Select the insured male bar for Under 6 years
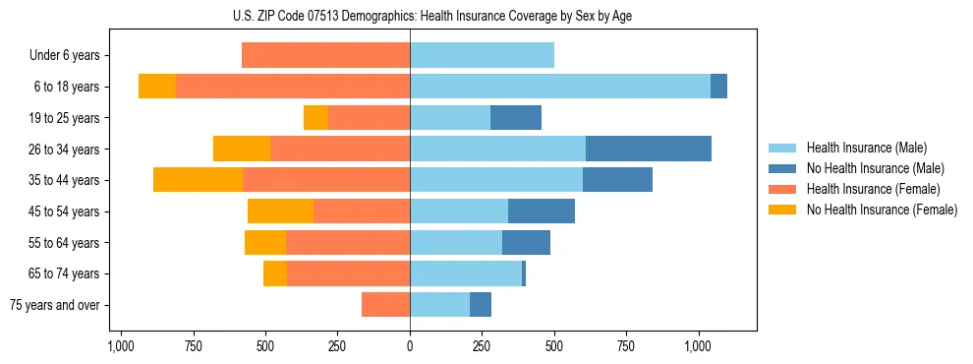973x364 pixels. tap(482, 55)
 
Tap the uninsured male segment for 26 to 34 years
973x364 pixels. tap(648, 149)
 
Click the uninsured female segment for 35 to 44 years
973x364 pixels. tap(198, 180)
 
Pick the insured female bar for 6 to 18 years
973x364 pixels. tap(293, 87)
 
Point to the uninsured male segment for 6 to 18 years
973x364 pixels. tap(718, 87)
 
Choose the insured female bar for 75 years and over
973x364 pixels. tap(385, 305)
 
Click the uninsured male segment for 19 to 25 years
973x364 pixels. tap(516, 118)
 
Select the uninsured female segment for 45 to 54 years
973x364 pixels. tap(280, 212)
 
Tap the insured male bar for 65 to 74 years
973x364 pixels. tap(466, 273)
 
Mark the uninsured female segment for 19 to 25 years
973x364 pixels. tap(315, 118)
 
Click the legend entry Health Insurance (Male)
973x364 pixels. tap(867, 148)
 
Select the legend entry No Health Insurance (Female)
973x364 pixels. tap(882, 210)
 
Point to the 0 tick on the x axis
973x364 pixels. tap(410, 346)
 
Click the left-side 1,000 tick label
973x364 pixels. tap(121, 346)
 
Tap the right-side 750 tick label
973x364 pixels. tap(627, 346)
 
